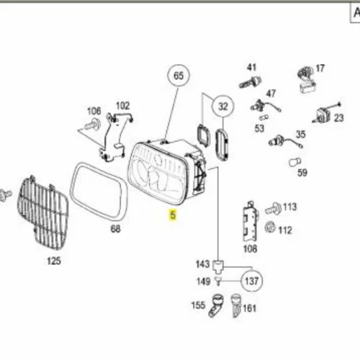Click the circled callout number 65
pos(179,76)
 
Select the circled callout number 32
pos(222,107)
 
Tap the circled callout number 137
pos(251,281)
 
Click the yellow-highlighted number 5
pos(173,215)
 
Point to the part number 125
pos(54,261)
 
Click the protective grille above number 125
pos(42,213)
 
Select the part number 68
pos(115,229)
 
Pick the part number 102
pos(122,106)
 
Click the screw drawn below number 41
pos(251,81)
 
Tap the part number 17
pos(320,68)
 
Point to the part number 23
pos(339,118)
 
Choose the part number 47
pos(271,94)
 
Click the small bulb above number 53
pos(264,117)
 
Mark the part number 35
pos(300,135)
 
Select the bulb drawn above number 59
pos(295,162)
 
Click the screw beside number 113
pos(273,208)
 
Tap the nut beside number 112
pos(270,227)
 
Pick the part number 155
pos(198,305)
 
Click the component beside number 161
pos(235,306)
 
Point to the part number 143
pos(203,264)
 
